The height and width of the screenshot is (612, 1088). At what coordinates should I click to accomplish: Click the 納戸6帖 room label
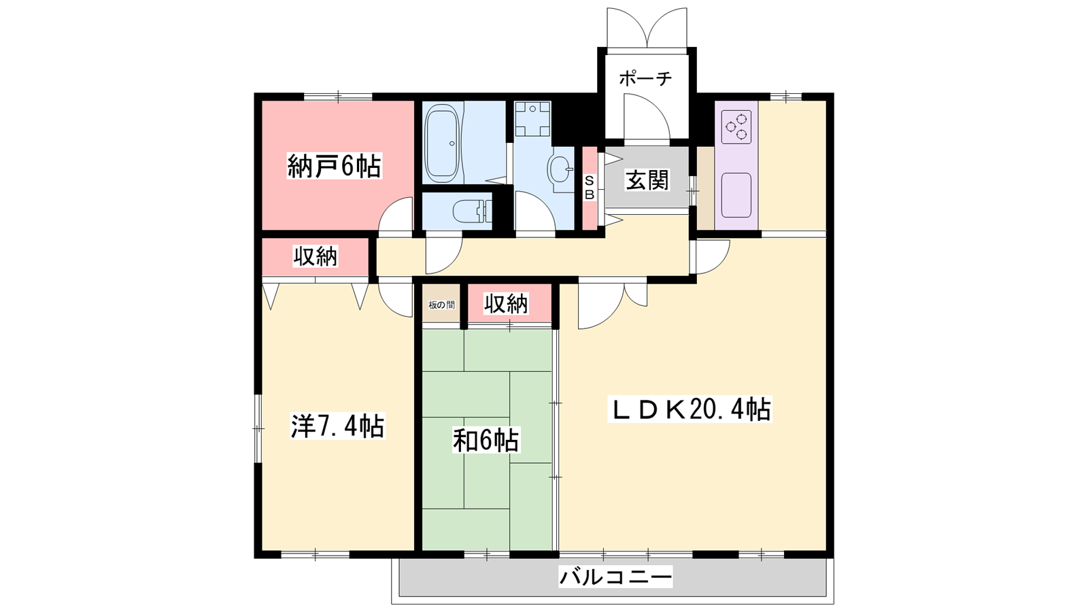pos(335,166)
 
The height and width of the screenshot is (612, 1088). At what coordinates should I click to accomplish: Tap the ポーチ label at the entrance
pos(645,79)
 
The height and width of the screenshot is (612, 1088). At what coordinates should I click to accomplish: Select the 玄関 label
pos(647,180)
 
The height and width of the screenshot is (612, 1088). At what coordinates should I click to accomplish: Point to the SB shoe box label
pos(589,188)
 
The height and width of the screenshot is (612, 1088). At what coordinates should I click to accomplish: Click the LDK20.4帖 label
pos(690,409)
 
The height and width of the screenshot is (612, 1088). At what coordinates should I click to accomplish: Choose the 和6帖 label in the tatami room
pos(486,440)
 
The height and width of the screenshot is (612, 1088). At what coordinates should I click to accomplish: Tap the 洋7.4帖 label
pos(337,426)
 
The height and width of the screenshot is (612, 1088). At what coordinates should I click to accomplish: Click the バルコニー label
pos(615,577)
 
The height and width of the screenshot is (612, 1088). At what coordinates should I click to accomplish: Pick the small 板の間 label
pos(441,305)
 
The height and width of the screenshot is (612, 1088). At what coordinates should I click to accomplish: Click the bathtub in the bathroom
pos(442,145)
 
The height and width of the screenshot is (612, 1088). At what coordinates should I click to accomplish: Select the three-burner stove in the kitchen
pos(736,126)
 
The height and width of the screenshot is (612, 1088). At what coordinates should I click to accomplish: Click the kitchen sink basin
pos(736,194)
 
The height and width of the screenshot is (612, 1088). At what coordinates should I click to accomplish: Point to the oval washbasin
pos(560,169)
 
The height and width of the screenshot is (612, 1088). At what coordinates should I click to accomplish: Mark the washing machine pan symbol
pos(533,120)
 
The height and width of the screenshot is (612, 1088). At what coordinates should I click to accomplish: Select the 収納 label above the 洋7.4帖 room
pos(316,256)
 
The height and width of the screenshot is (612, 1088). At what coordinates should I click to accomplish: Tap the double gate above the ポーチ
pos(647,28)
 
